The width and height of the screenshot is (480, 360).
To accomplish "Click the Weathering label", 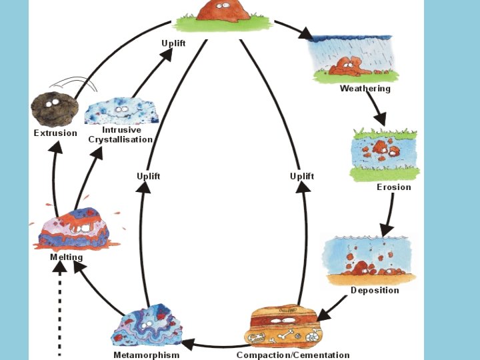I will pyautogui.click(x=365, y=89).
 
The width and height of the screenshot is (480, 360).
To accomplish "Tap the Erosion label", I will pyautogui.click(x=393, y=187).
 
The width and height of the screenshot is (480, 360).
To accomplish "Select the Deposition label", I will pyautogui.click(x=375, y=290).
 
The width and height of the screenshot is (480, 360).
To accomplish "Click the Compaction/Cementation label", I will pyautogui.click(x=293, y=355).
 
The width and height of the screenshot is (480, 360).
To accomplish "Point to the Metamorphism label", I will pyautogui.click(x=146, y=355).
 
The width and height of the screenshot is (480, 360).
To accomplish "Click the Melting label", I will pyautogui.click(x=67, y=257).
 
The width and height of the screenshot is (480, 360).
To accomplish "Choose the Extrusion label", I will pyautogui.click(x=55, y=133).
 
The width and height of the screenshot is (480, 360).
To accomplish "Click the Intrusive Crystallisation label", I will pyautogui.click(x=121, y=135).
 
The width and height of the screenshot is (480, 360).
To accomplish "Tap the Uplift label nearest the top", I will pyautogui.click(x=173, y=43).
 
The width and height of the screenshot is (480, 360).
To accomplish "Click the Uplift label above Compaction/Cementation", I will pyautogui.click(x=301, y=176).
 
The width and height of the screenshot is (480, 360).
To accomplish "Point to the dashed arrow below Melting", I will pyautogui.click(x=59, y=313).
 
